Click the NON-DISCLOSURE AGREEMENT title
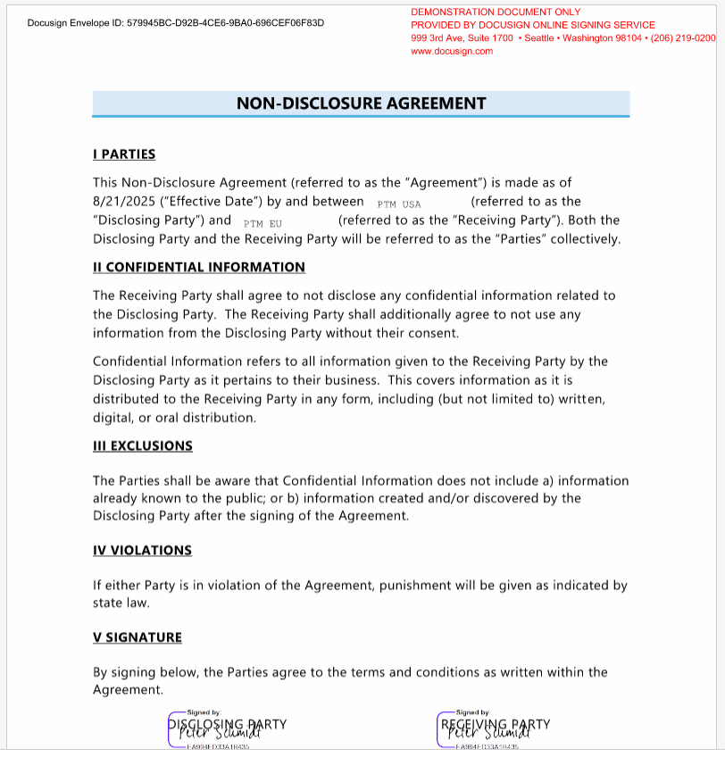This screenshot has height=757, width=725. (361, 104)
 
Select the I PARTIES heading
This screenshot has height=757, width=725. (124, 154)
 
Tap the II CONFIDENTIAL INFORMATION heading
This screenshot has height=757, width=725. (199, 267)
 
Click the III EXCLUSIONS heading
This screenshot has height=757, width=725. (143, 445)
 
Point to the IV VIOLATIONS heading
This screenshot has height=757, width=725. (142, 550)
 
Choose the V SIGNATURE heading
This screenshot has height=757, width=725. (137, 637)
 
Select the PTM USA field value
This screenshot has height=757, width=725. (399, 204)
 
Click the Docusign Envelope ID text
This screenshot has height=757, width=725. (176, 22)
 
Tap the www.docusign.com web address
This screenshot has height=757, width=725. (452, 51)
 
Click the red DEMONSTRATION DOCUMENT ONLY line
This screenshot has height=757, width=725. (496, 12)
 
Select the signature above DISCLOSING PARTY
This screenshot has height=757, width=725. (218, 731)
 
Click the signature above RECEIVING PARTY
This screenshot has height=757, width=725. (487, 731)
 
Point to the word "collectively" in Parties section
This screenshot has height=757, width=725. (582, 239)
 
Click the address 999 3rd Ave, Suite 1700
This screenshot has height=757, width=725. (462, 38)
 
